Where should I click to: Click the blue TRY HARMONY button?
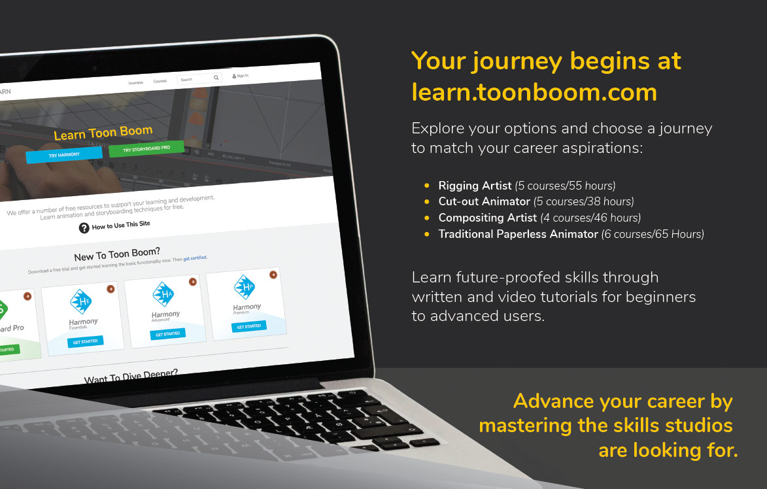[x=63, y=154]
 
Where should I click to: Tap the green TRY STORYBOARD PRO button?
[x=146, y=148]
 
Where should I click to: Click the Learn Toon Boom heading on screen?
[x=103, y=133]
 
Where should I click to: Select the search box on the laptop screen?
[x=196, y=79]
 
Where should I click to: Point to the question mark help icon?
[x=84, y=228]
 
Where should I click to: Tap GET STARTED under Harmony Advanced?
[x=167, y=333]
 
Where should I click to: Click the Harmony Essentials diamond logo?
[x=80, y=301]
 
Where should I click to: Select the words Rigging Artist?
[x=475, y=186]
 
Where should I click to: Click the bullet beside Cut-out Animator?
[x=427, y=202]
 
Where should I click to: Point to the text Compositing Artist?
[x=487, y=218]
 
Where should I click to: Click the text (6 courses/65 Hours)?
[x=653, y=234]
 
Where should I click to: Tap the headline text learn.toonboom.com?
[x=534, y=92]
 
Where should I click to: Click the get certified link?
[x=195, y=258]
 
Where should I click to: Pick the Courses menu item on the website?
[x=160, y=82]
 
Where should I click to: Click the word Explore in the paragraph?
[x=438, y=128]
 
